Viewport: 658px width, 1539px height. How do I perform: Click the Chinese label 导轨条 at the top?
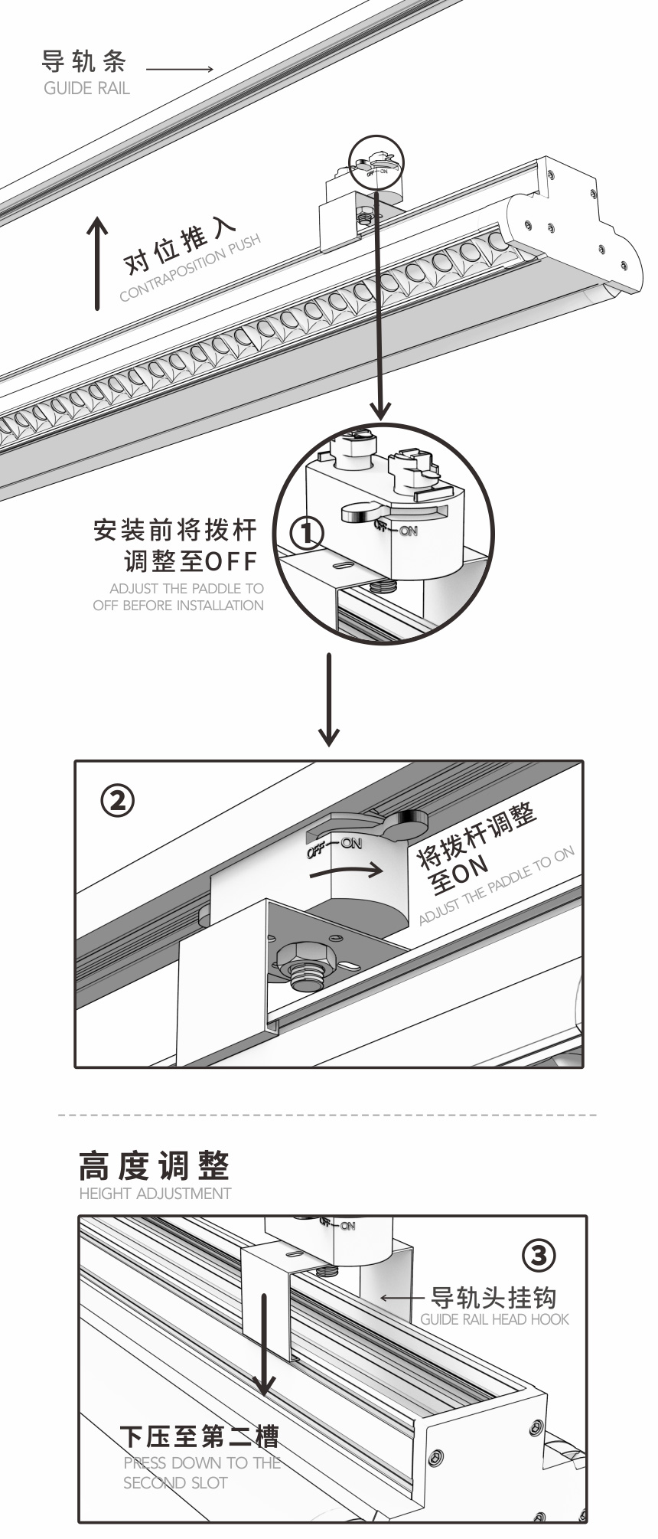click(x=84, y=61)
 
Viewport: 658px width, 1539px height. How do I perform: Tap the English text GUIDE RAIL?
click(x=86, y=88)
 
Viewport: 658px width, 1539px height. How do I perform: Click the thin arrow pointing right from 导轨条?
click(x=180, y=70)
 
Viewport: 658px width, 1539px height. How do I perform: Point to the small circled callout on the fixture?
click(x=376, y=162)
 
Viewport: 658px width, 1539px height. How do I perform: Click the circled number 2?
click(x=117, y=801)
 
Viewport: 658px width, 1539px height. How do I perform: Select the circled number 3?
click(x=539, y=1256)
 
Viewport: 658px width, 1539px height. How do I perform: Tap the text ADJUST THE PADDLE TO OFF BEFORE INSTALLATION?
click(x=178, y=597)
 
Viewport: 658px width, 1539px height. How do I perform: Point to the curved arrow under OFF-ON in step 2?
click(x=348, y=870)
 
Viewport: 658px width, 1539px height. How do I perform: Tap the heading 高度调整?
click(x=154, y=1166)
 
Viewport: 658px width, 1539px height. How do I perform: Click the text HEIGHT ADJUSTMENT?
click(x=155, y=1194)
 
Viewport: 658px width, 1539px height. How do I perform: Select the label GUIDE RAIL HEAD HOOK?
click(x=495, y=1319)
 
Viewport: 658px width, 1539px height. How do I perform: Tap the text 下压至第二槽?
click(x=199, y=1436)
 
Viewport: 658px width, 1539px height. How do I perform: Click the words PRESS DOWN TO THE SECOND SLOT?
click(x=201, y=1472)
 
